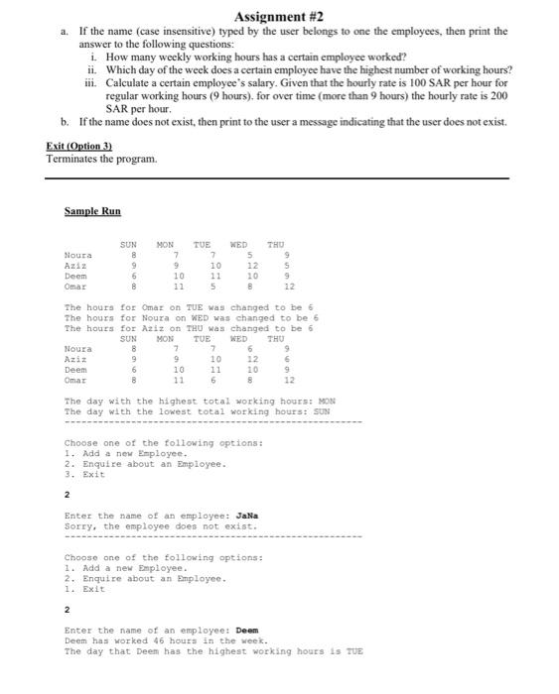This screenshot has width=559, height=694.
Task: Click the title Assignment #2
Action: point(279,17)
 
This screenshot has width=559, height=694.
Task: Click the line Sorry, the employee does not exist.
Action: point(160,526)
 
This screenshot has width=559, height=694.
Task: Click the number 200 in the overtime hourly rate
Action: point(502,95)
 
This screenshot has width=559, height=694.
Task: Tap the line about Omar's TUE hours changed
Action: point(188,308)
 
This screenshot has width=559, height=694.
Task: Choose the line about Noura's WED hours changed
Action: point(190,318)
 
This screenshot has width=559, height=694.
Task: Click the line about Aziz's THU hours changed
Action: point(188,328)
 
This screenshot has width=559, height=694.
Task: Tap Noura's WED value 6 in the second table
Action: point(249,348)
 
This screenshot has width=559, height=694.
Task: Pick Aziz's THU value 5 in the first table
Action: point(287,267)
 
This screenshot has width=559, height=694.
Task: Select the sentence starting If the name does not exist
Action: point(298,122)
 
